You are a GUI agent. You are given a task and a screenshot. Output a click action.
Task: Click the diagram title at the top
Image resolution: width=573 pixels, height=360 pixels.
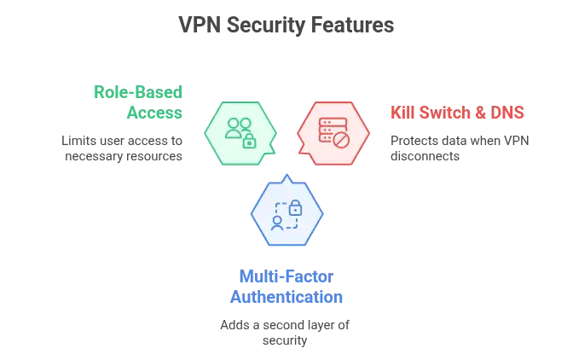click(x=286, y=26)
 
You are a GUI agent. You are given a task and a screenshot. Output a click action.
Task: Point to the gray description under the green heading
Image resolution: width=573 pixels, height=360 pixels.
click(x=122, y=146)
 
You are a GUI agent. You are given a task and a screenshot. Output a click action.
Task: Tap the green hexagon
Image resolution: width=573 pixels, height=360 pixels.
click(x=240, y=132)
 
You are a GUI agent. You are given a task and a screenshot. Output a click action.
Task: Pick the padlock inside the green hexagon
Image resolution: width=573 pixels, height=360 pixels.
click(x=249, y=142)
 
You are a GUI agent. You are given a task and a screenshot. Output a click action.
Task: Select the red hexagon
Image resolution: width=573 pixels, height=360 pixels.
click(x=333, y=132)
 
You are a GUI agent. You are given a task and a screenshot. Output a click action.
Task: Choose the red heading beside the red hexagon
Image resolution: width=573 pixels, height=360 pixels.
click(x=456, y=113)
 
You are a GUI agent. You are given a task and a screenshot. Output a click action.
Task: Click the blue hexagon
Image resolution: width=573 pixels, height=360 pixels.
click(x=286, y=214)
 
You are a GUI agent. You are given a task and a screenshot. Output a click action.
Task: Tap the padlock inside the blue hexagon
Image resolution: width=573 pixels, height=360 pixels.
click(x=295, y=207)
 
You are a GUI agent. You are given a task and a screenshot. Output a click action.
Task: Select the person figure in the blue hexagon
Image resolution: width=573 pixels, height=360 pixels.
click(x=277, y=223)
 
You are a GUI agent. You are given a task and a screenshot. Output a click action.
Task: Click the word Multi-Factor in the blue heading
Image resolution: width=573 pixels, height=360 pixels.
click(x=286, y=277)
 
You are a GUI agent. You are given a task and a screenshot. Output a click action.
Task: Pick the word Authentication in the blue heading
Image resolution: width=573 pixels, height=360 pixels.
click(x=286, y=298)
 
